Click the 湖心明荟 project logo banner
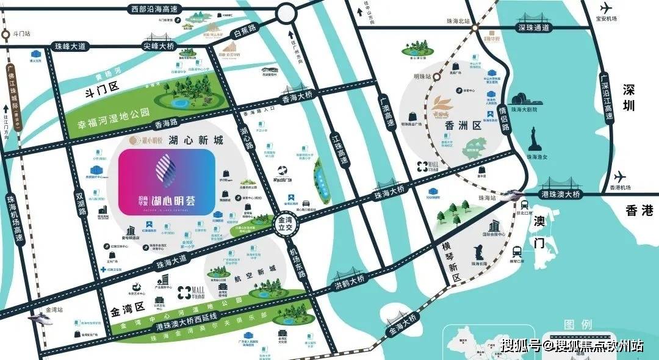click(166, 182)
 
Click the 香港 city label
click(639, 211)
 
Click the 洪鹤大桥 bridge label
click(348, 283)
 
